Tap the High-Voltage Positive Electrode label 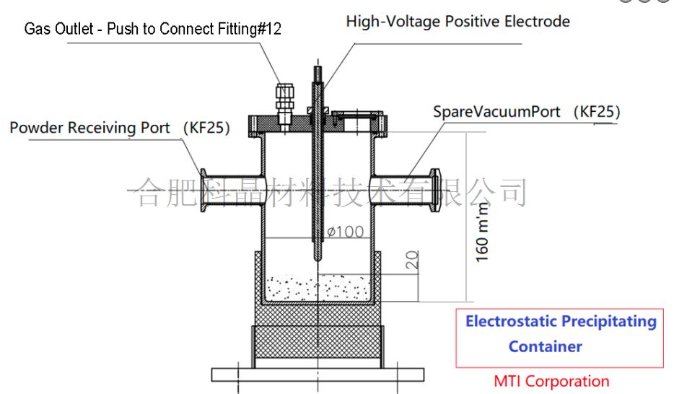(458, 21)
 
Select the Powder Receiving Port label (89, 128)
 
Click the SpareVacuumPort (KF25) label (525, 112)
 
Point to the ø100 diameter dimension (344, 232)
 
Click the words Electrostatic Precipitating (561, 321)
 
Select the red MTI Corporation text (551, 381)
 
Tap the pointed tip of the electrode (318, 258)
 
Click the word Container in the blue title (545, 346)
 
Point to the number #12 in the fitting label (268, 29)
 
